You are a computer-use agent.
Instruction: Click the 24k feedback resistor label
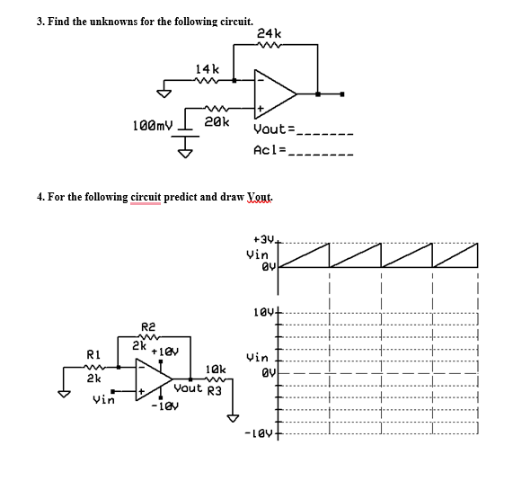[x=269, y=33]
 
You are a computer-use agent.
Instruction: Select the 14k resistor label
[x=208, y=68]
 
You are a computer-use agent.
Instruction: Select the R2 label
[x=149, y=326]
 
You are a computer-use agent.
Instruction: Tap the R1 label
[x=93, y=352]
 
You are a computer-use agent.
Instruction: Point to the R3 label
[x=215, y=390]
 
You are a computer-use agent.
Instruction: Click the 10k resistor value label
[x=216, y=369]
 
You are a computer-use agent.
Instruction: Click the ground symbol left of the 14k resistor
[x=164, y=90]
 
